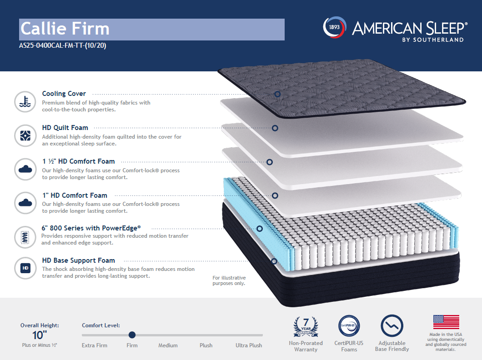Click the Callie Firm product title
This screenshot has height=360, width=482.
tap(65, 29)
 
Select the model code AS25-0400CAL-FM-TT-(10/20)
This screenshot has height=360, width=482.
tap(63, 46)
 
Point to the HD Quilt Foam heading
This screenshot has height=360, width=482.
tap(65, 128)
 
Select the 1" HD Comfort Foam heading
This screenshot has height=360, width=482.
tap(75, 195)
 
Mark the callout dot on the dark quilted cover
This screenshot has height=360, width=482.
tap(277, 94)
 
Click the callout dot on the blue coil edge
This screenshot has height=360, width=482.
tap(260, 229)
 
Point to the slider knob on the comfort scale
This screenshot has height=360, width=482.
tap(132, 335)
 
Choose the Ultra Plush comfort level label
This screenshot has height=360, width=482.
tap(249, 345)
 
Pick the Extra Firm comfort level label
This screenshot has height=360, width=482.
tap(95, 345)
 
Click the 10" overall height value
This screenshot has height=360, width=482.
tap(40, 335)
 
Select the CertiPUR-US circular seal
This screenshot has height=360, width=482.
tap(349, 326)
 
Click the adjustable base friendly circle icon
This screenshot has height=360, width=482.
tap(392, 326)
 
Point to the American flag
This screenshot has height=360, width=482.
tap(446, 322)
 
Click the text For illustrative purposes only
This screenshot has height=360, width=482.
tap(229, 280)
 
